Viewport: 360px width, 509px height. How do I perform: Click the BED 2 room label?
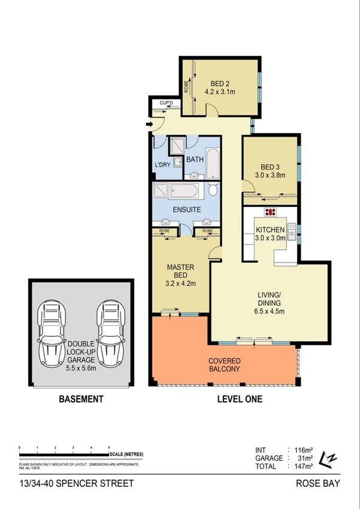click(x=220, y=83)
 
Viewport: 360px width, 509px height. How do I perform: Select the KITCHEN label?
click(x=270, y=230)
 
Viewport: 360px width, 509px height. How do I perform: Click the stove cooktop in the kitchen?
click(x=270, y=212)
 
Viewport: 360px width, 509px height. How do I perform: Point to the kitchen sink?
click(x=291, y=231)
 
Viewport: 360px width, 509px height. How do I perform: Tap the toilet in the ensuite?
click(x=213, y=191)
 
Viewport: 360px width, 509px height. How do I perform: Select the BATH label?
click(x=195, y=159)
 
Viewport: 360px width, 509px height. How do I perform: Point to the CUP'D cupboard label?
click(x=166, y=103)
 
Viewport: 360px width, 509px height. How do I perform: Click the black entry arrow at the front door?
click(x=149, y=125)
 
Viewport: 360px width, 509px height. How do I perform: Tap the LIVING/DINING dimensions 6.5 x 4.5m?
click(x=269, y=311)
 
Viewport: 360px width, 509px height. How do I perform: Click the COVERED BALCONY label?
click(x=225, y=365)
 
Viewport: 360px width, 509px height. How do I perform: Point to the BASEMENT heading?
click(x=80, y=399)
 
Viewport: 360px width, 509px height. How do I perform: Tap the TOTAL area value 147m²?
click(x=300, y=466)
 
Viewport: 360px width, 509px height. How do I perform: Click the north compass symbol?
click(x=329, y=459)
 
